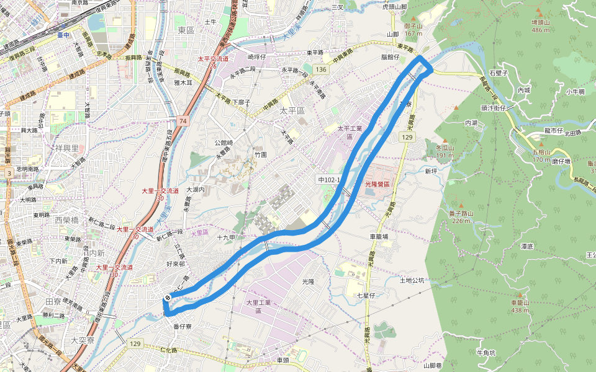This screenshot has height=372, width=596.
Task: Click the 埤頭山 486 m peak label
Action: click(x=541, y=25)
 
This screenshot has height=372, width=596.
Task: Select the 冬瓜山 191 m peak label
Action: click(x=445, y=151)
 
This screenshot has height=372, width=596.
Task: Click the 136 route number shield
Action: click(x=320, y=69)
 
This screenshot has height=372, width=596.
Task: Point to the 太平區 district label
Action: click(x=293, y=110)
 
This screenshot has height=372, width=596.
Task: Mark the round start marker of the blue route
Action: click(x=168, y=299)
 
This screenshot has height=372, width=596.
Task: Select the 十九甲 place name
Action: click(x=226, y=237)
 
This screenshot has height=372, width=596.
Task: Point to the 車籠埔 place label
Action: click(x=379, y=236)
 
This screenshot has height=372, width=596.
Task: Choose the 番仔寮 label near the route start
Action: click(x=182, y=326)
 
